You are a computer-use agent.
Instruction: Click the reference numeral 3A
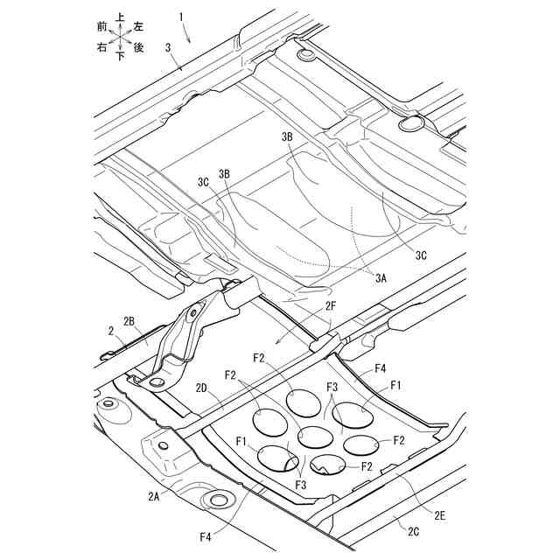coord(381,277)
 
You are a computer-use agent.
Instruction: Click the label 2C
coord(412,529)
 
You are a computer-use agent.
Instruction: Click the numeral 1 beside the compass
coord(181,17)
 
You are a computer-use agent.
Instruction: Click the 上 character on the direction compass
coord(119,17)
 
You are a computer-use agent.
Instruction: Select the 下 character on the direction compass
coord(119,55)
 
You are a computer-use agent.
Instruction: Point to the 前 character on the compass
coord(102,27)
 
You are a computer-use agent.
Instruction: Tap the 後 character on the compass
coord(138,45)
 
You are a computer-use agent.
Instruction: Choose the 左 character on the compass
coord(138,27)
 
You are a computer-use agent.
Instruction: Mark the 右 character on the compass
coord(102,45)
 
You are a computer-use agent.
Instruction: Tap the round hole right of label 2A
coord(214,501)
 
